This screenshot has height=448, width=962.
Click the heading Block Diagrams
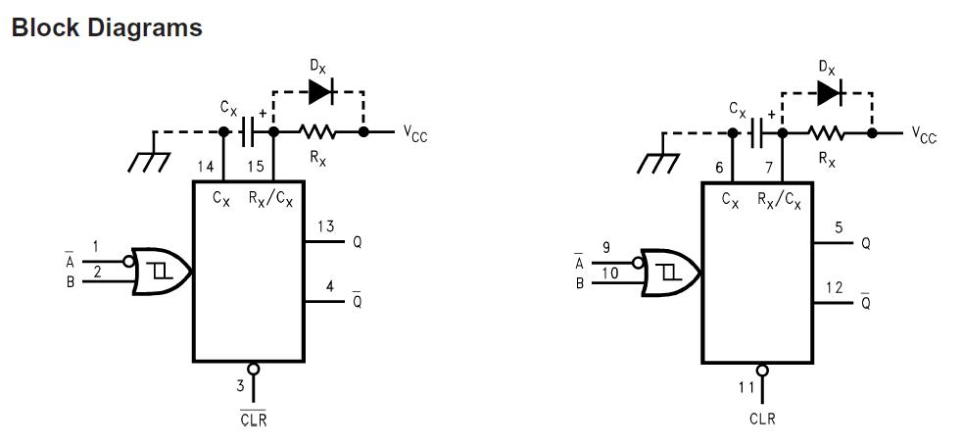[107, 27]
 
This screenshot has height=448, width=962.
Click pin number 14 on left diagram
[205, 167]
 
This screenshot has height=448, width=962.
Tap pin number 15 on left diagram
[255, 167]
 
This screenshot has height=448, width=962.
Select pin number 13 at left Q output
[325, 227]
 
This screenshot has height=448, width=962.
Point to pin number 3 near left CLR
[239, 386]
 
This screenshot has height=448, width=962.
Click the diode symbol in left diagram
[319, 91]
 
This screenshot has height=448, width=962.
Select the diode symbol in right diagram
[829, 93]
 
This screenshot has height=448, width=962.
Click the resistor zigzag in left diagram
[317, 131]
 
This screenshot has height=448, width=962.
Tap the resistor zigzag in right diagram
[827, 132]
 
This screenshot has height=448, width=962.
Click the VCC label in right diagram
[924, 135]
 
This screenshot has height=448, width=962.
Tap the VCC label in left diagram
[415, 134]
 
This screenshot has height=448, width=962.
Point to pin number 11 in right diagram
[747, 387]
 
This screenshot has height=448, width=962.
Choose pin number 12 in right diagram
[834, 287]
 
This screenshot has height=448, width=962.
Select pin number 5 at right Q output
[839, 228]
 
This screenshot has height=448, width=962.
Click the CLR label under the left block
[253, 419]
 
